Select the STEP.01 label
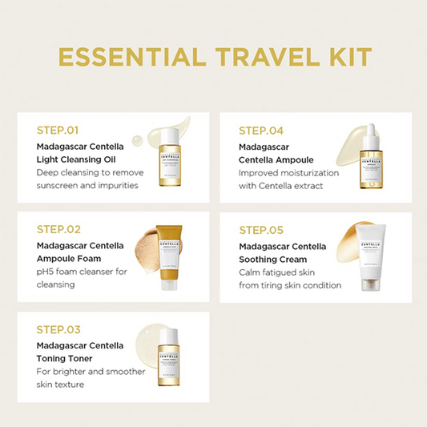click(58, 130)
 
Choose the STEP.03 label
click(58, 329)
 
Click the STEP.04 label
click(260, 130)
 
